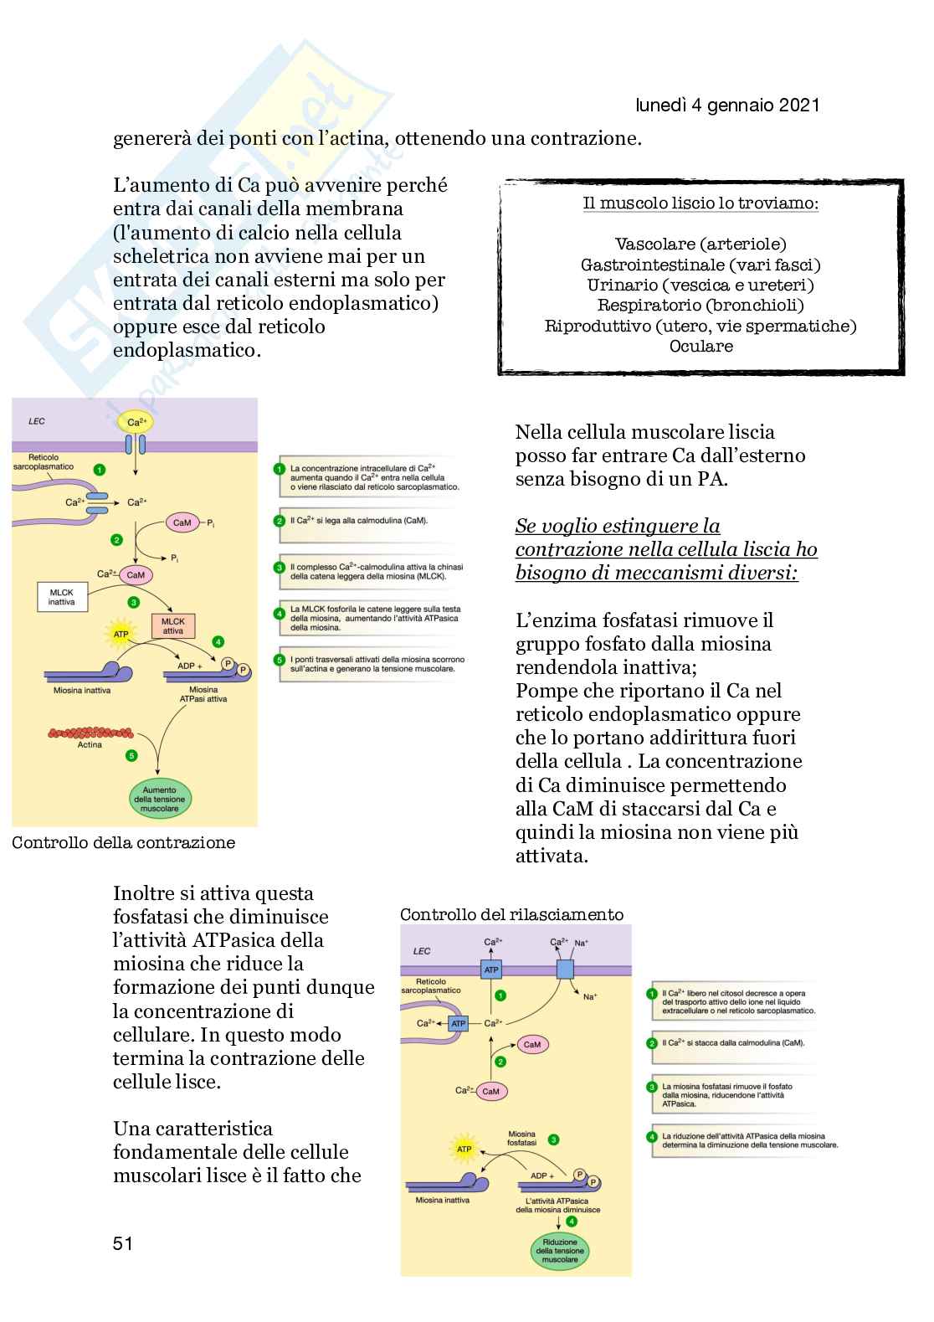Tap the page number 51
[123, 1243]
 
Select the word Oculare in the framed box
[700, 346]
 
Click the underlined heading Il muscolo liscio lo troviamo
[700, 204]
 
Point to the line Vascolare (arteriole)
[700, 244]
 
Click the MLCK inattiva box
[62, 597]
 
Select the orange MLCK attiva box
[173, 625]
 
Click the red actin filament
[90, 733]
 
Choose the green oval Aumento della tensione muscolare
[159, 800]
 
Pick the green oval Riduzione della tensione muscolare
[561, 1251]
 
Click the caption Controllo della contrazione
[123, 842]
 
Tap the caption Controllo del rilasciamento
[511, 914]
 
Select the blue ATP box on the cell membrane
[490, 970]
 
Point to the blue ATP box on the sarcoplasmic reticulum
[458, 1023]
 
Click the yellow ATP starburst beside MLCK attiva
[121, 635]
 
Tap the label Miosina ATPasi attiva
[203, 693]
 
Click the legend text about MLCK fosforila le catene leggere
[375, 618]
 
